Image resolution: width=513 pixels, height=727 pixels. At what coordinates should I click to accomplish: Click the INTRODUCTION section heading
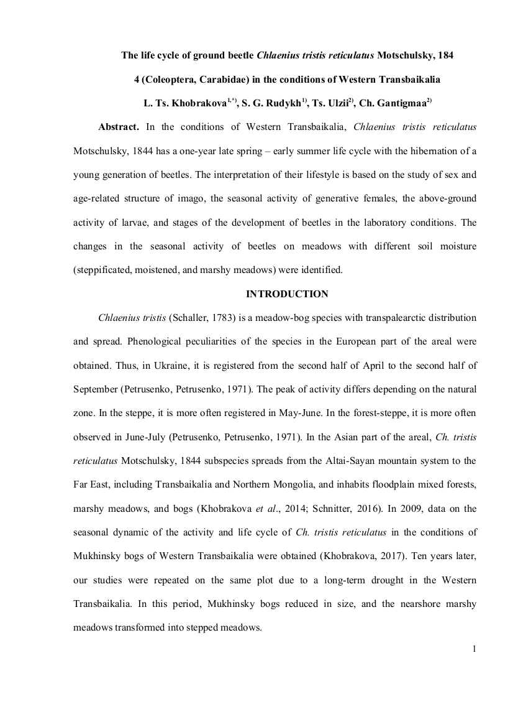(287, 294)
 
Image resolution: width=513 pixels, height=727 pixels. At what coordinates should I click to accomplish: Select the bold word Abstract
(119, 127)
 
